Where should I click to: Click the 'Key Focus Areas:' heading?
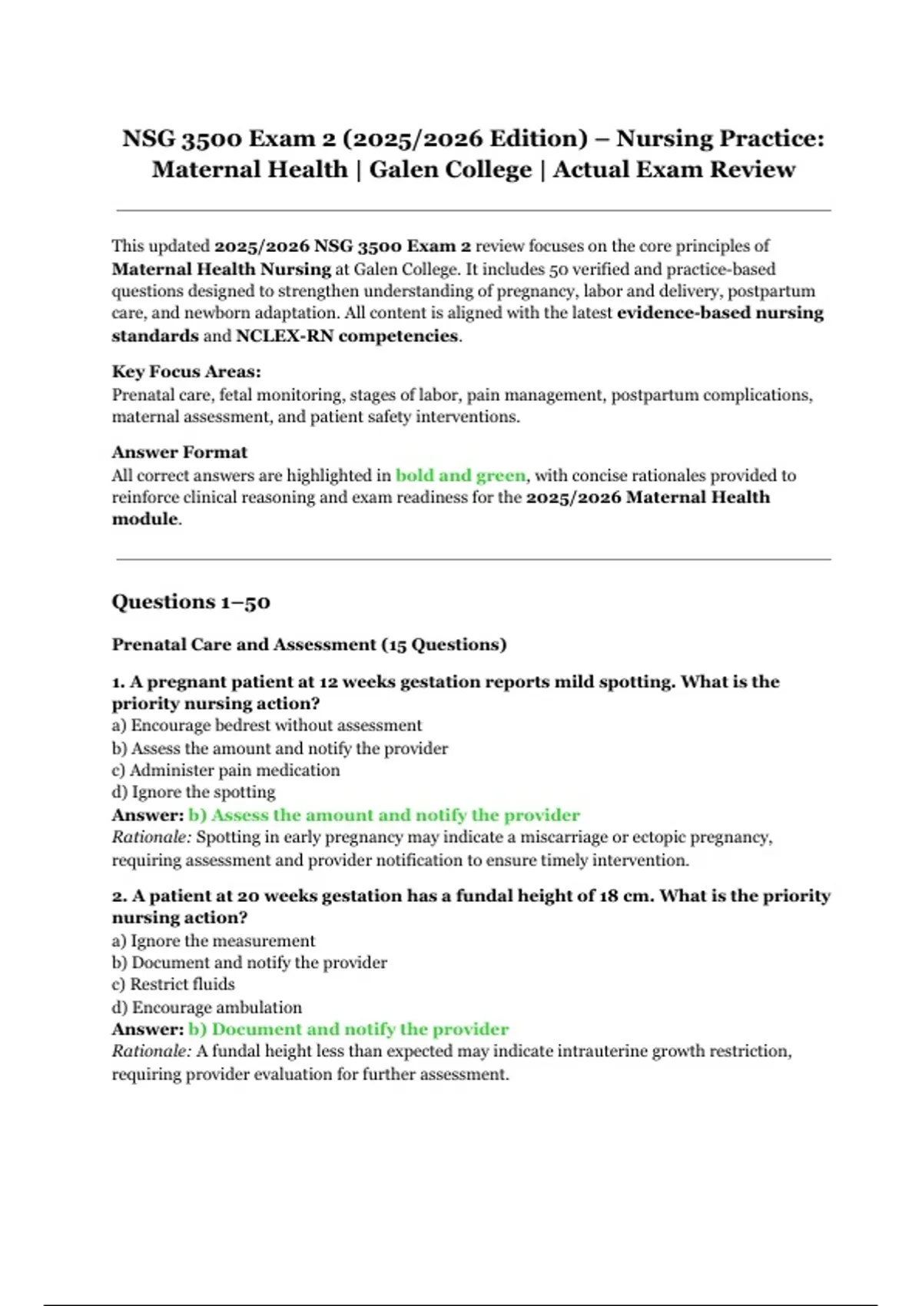[186, 372]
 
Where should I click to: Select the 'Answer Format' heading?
[179, 452]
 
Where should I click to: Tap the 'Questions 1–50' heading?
[191, 602]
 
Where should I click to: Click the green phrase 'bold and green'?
[460, 476]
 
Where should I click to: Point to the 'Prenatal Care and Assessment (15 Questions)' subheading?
[309, 645]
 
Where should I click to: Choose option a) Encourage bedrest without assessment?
[267, 726]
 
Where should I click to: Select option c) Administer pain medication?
[226, 771]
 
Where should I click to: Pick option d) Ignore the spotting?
[194, 792]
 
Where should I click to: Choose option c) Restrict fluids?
[174, 985]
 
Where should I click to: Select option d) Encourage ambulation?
[207, 1007]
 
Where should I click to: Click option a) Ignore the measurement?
[214, 941]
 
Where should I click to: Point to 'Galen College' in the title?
[450, 170]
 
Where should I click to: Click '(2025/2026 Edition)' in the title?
[465, 139]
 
